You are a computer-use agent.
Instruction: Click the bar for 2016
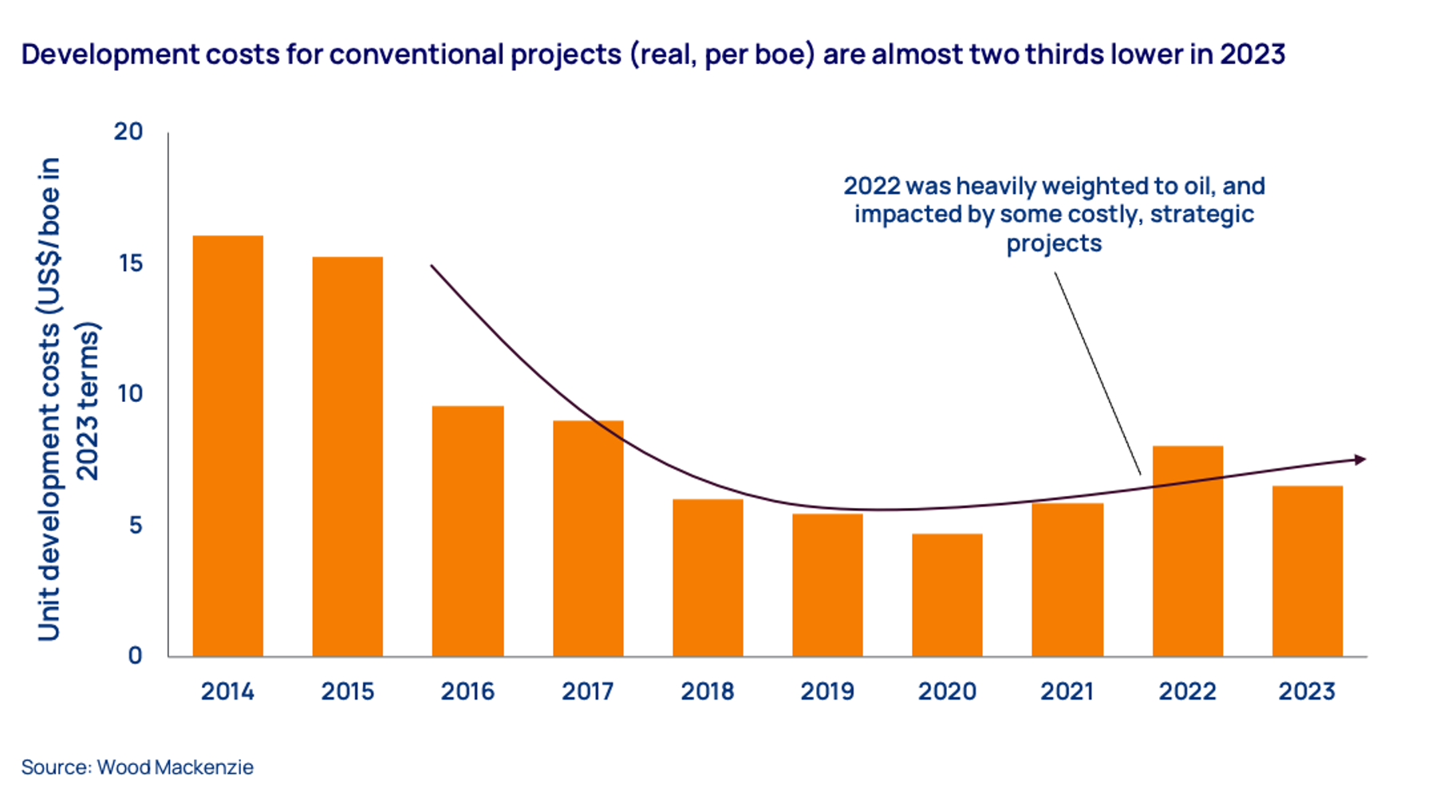tap(467, 530)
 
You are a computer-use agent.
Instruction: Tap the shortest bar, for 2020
tap(947, 594)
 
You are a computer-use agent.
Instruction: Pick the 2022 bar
tap(1187, 550)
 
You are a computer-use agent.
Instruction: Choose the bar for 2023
tap(1307, 570)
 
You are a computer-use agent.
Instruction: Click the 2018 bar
tap(708, 577)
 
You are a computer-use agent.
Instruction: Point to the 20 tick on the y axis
tap(128, 132)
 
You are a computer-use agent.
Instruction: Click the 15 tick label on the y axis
tap(130, 263)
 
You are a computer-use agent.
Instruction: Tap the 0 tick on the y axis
tap(136, 656)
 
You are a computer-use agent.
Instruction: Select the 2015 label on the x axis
tap(347, 691)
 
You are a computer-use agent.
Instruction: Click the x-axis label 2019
tap(827, 691)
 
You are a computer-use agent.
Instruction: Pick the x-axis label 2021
tap(1067, 691)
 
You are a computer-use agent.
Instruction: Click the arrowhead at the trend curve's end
tap(1360, 459)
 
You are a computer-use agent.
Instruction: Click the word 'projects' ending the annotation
tap(1054, 243)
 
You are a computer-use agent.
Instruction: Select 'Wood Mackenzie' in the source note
tap(176, 767)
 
